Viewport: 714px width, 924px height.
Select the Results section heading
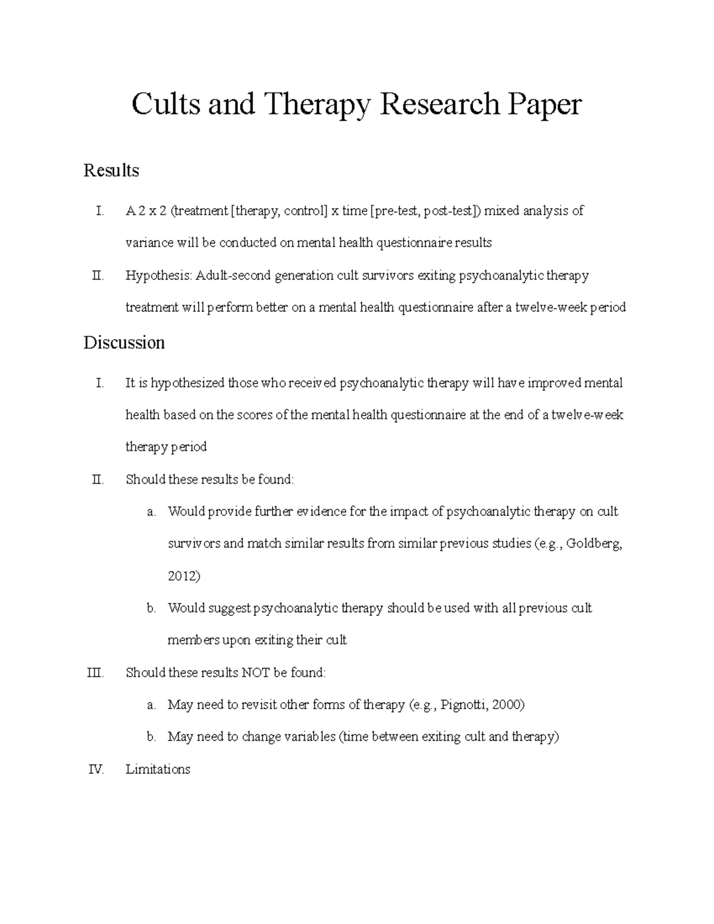click(111, 171)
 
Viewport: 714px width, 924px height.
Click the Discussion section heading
click(124, 343)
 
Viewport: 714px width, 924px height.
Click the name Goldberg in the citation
click(594, 544)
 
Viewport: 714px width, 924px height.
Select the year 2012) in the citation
click(184, 576)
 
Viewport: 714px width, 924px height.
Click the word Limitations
click(158, 769)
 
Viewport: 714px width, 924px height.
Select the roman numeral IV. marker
click(96, 769)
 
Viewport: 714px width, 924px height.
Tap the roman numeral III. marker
click(95, 673)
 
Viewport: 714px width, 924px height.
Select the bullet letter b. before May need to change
click(152, 737)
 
